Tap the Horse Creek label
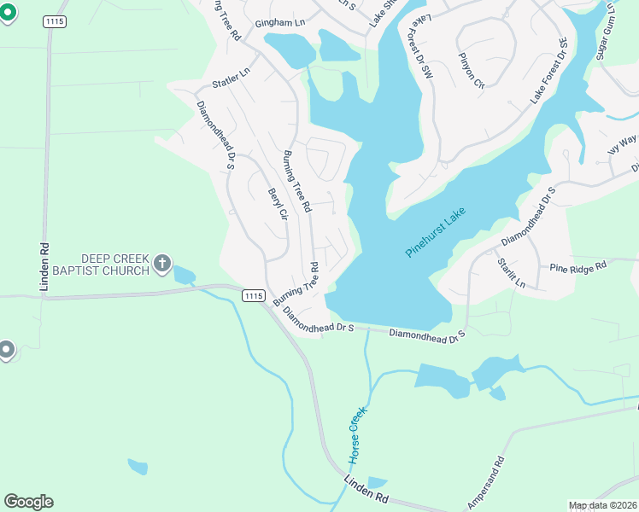click(x=356, y=436)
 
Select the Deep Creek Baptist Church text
click(x=115, y=264)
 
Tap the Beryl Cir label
click(x=276, y=205)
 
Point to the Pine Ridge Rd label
click(x=577, y=265)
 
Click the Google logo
click(x=28, y=501)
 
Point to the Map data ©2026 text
click(x=602, y=505)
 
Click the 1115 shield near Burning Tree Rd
click(x=253, y=295)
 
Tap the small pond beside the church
click(x=183, y=275)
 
